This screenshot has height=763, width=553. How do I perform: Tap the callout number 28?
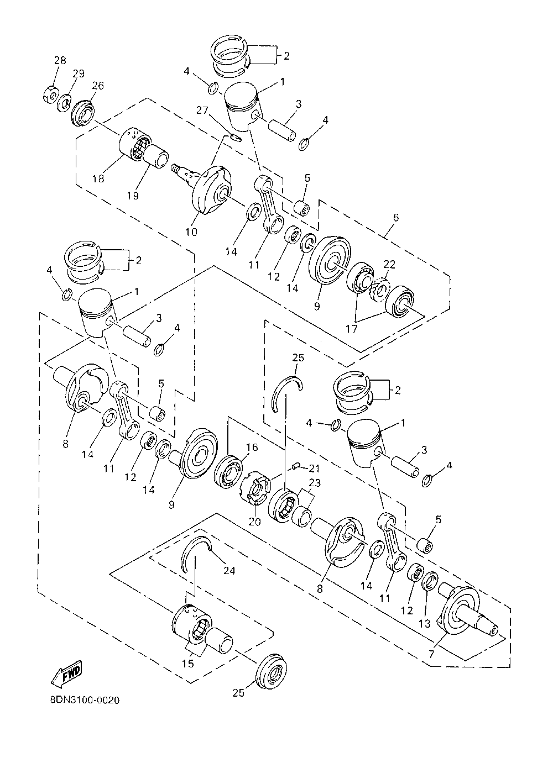(60, 60)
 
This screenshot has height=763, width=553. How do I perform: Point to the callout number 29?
(79, 73)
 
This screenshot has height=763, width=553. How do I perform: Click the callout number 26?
(98, 86)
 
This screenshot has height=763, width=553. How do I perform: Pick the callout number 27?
(202, 110)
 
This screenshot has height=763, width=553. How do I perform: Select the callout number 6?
(396, 217)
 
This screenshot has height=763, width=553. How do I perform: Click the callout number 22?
(389, 264)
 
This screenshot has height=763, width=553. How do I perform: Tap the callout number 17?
(352, 329)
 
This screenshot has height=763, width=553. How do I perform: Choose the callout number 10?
(191, 232)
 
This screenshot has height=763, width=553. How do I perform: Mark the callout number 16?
(252, 447)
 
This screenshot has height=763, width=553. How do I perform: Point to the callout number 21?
(314, 469)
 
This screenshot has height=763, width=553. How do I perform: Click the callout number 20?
(255, 522)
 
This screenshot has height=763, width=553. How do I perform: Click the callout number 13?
(425, 623)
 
